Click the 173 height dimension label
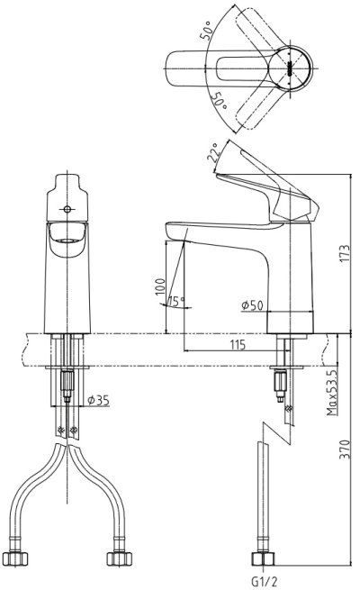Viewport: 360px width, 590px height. pyautogui.click(x=345, y=254)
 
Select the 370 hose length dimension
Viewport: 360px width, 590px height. pyautogui.click(x=345, y=449)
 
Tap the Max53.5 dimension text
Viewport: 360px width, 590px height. pyautogui.click(x=332, y=393)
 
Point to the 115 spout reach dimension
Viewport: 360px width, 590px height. pyautogui.click(x=238, y=344)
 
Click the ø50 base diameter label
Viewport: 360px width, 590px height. pyautogui.click(x=252, y=305)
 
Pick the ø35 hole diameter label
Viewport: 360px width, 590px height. pyautogui.click(x=98, y=400)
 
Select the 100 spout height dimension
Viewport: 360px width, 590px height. pyautogui.click(x=160, y=286)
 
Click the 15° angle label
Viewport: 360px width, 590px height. pyautogui.click(x=176, y=301)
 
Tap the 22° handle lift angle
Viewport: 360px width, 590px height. pyautogui.click(x=212, y=152)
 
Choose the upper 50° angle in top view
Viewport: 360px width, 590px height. pyautogui.click(x=206, y=31)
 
